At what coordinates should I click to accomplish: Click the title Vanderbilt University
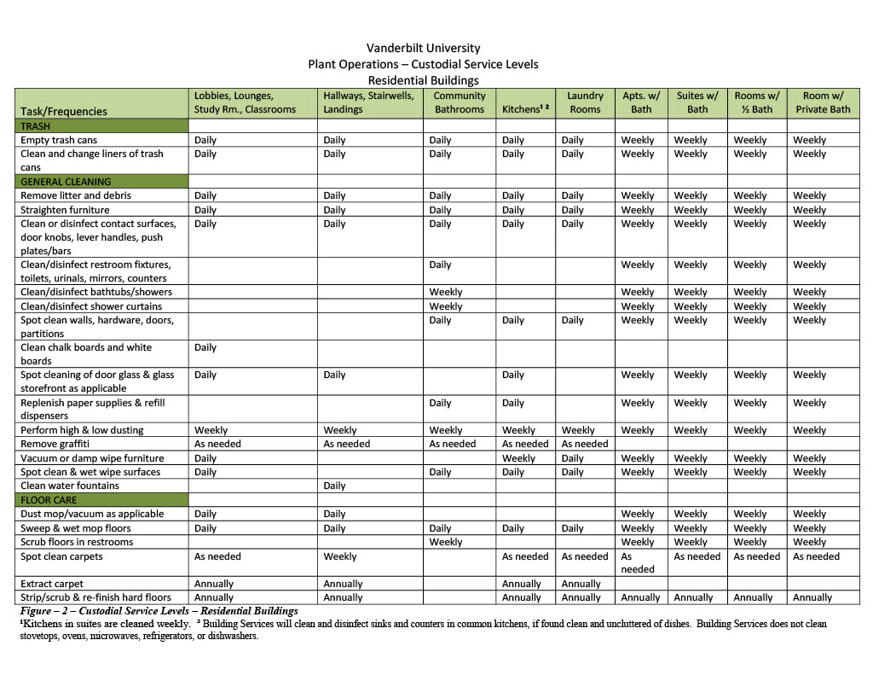coord(423,48)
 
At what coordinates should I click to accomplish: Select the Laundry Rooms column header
coord(585,102)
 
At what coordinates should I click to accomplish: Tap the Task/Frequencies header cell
coord(64,111)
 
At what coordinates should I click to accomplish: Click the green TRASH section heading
coord(35,126)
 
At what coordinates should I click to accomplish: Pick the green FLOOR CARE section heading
coord(48,500)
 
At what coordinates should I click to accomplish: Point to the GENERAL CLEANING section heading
coord(66,182)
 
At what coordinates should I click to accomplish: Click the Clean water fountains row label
coord(70,486)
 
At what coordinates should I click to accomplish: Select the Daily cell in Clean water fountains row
coord(334,486)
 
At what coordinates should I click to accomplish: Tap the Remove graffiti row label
coord(55,444)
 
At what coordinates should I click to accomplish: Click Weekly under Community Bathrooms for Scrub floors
coord(446,542)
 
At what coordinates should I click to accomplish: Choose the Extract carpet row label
coord(53,584)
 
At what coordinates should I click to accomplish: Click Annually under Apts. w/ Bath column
coord(640,597)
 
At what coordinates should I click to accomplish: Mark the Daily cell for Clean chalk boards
coord(205,347)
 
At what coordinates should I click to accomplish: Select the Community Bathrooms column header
coord(459,102)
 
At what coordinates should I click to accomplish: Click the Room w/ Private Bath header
coord(823,102)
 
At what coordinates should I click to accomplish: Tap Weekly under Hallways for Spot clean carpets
coord(340,556)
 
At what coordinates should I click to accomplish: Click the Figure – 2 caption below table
coord(159,611)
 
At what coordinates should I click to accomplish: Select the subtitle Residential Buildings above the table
coord(423,80)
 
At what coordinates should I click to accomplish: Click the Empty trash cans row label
coord(59,140)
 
